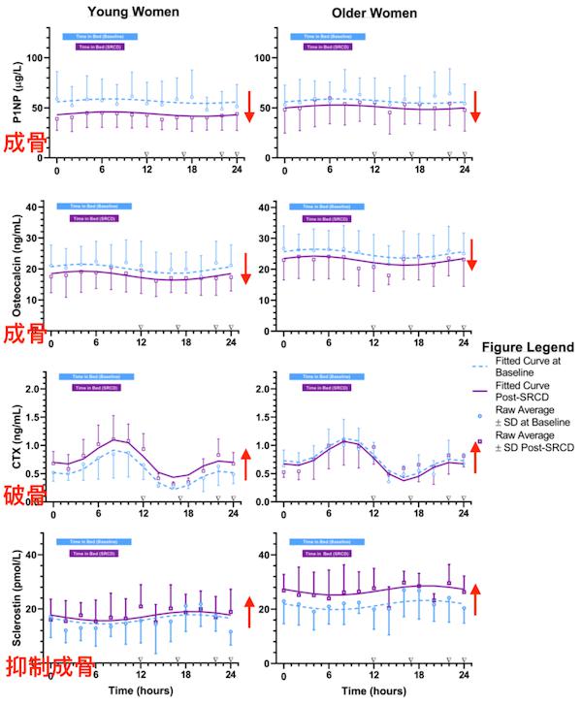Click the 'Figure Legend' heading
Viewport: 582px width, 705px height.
pos(531,346)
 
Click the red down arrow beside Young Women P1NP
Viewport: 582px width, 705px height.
pos(249,106)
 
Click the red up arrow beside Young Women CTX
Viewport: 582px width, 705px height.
pos(246,464)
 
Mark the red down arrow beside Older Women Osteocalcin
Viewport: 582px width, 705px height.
pos(472,255)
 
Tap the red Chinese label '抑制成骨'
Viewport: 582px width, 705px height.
pos(48,667)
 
